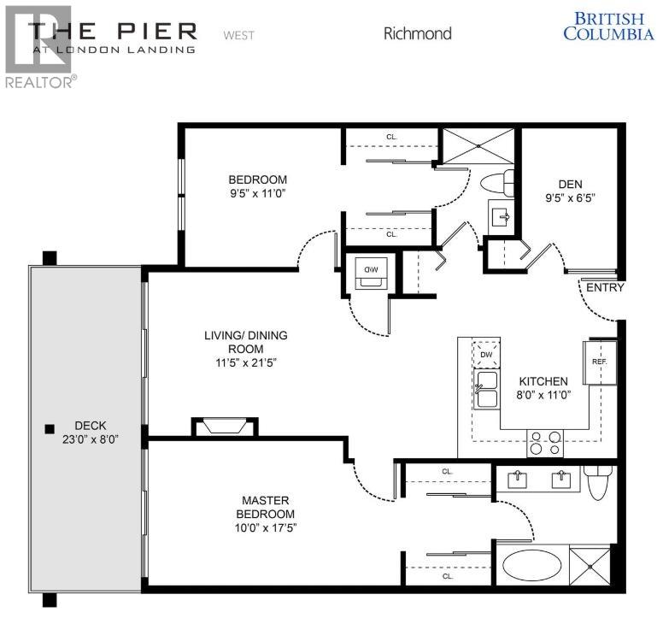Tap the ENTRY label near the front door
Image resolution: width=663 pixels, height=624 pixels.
605,288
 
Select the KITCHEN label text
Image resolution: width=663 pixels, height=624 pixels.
543,381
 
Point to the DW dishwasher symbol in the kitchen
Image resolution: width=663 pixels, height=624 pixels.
487,354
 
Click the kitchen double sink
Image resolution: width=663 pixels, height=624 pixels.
488,390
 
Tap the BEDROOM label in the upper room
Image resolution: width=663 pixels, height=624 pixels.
257,180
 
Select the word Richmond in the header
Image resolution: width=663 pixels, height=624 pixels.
417,34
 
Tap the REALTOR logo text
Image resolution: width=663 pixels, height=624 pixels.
39,80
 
